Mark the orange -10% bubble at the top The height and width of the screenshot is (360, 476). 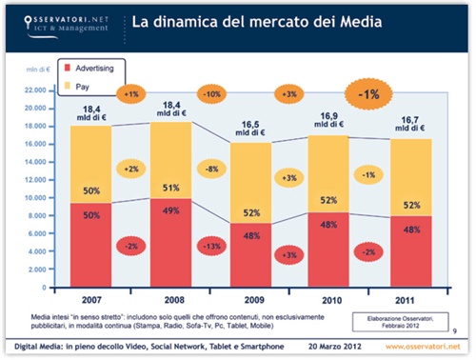(x=210, y=93)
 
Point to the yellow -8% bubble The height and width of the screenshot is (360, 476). (x=210, y=169)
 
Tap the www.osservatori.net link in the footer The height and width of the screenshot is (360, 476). (x=417, y=347)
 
